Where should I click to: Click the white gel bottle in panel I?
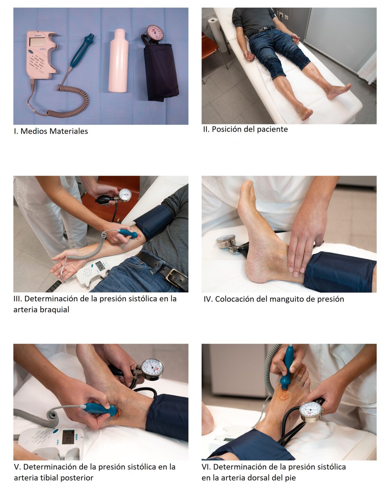[118, 60]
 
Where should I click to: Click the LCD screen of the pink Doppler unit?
[38, 42]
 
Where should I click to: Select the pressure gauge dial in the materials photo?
[155, 33]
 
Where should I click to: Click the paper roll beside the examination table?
[217, 34]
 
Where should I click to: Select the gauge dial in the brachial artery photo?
[125, 195]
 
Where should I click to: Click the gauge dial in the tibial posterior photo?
[152, 368]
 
